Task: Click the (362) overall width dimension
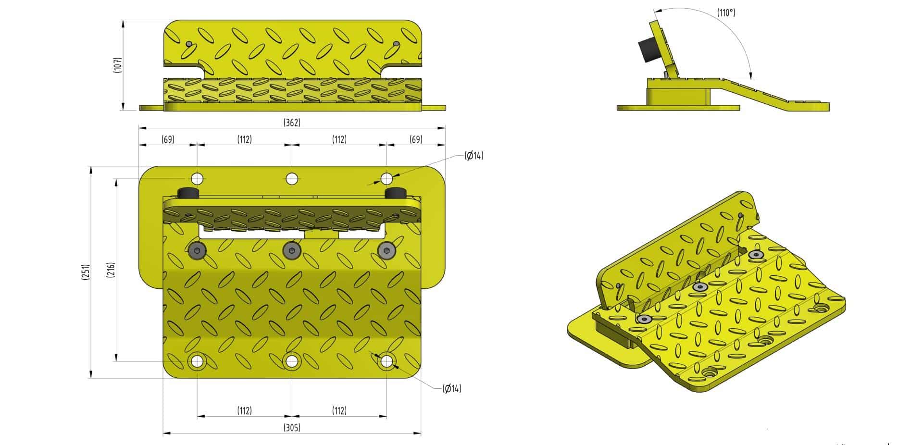[292, 123]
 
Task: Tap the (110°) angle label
[726, 13]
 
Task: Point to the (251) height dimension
[86, 272]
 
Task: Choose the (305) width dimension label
[292, 427]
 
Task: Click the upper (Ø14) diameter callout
[474, 155]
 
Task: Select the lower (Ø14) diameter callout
[451, 388]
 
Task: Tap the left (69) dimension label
[167, 139]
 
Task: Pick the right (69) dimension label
[416, 139]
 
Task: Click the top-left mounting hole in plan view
[197, 179]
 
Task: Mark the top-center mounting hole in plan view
[292, 179]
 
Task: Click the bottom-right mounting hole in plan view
[387, 361]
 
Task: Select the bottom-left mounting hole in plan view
[197, 361]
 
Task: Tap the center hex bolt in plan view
[292, 250]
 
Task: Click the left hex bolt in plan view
[197, 250]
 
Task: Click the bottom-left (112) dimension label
[244, 410]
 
